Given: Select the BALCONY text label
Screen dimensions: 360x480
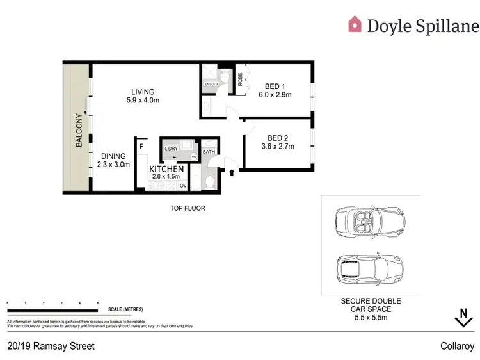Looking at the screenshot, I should point(79,131).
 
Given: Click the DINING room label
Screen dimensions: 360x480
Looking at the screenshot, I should point(113,156).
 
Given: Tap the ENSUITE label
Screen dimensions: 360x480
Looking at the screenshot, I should point(212,84).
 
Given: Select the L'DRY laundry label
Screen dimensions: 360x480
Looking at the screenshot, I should point(171,149).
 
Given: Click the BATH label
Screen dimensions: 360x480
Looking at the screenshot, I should point(209,152).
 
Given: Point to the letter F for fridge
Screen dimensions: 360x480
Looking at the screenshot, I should point(141,146).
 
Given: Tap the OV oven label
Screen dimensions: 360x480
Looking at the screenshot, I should point(182,186).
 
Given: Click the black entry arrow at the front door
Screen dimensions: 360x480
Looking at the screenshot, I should point(232,172).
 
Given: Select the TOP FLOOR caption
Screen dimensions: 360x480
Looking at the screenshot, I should point(188,208).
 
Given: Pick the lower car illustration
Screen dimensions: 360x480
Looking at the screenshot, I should point(369,268).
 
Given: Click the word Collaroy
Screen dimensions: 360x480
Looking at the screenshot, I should point(457,346).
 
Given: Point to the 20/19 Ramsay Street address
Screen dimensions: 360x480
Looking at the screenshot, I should point(51,346).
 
